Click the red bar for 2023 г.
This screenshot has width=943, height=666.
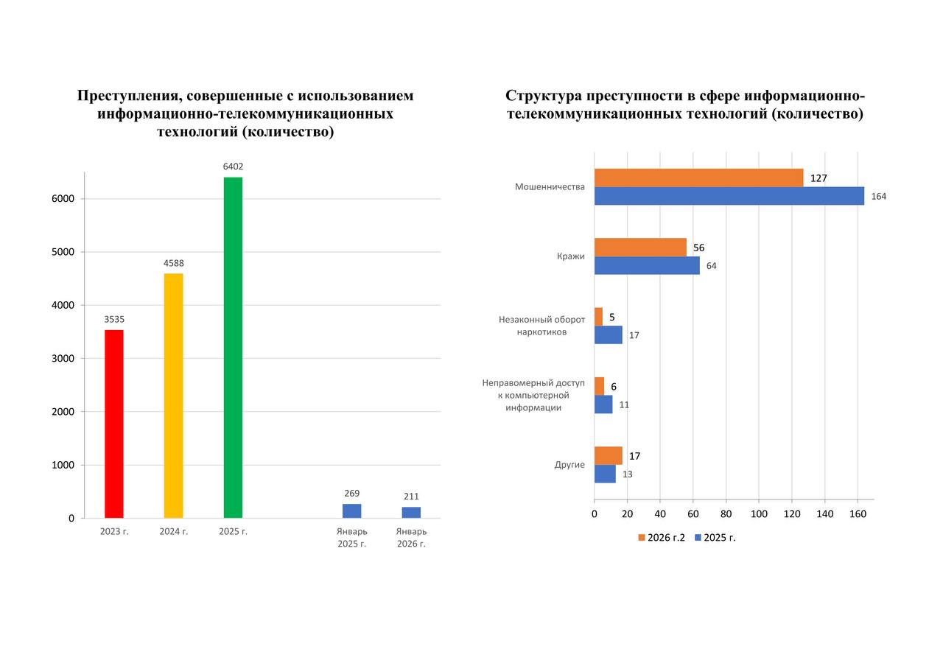[114, 424]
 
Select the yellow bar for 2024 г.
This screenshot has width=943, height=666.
[173, 396]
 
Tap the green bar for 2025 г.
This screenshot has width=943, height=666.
[233, 347]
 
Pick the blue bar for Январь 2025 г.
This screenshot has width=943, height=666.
[351, 511]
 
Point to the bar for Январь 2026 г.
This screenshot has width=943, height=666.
[411, 512]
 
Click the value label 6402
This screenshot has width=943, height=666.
[233, 166]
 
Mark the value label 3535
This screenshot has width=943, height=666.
[114, 319]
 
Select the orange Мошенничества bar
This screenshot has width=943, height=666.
[698, 178]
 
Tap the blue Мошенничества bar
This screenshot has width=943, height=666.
[729, 196]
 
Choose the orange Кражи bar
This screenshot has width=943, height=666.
[640, 247]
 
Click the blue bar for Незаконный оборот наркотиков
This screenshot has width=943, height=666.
[608, 334]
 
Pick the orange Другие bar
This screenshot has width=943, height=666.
[608, 455]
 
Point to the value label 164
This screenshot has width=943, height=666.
[878, 197]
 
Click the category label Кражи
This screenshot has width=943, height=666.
[570, 256]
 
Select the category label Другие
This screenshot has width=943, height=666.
[569, 465]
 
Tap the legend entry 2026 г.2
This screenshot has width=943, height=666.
[661, 538]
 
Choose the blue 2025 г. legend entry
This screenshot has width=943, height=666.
[715, 538]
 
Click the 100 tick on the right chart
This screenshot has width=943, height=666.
[759, 513]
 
